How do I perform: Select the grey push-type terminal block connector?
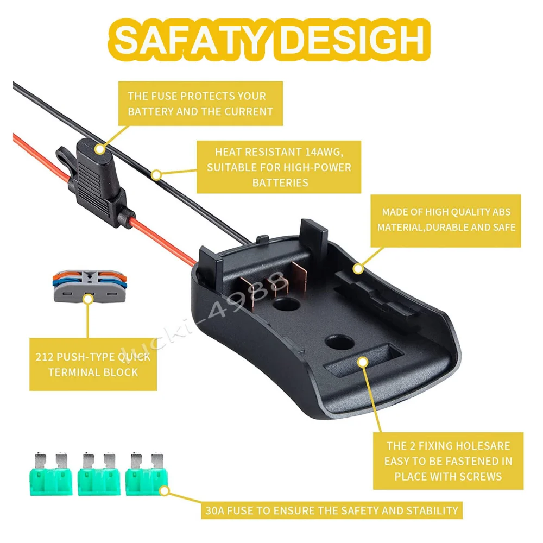[x=90, y=286]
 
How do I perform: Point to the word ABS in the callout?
[x=501, y=212]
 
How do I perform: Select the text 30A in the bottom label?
[x=214, y=511]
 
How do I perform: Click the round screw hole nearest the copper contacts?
[x=286, y=305]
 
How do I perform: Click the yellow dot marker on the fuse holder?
[x=100, y=149]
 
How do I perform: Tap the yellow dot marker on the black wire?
[x=156, y=175]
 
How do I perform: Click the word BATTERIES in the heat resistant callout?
[x=280, y=183]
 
